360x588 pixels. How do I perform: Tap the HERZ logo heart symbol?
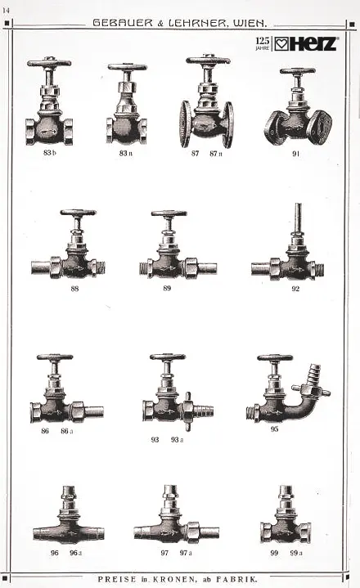click(281, 44)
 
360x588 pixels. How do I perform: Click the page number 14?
click(6, 11)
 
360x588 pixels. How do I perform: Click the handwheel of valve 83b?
click(49, 62)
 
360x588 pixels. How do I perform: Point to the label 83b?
click(49, 153)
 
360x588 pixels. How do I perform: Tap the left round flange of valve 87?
click(186, 123)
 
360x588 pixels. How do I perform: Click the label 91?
click(296, 154)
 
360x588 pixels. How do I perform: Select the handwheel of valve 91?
click(298, 71)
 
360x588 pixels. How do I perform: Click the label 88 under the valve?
click(74, 289)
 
